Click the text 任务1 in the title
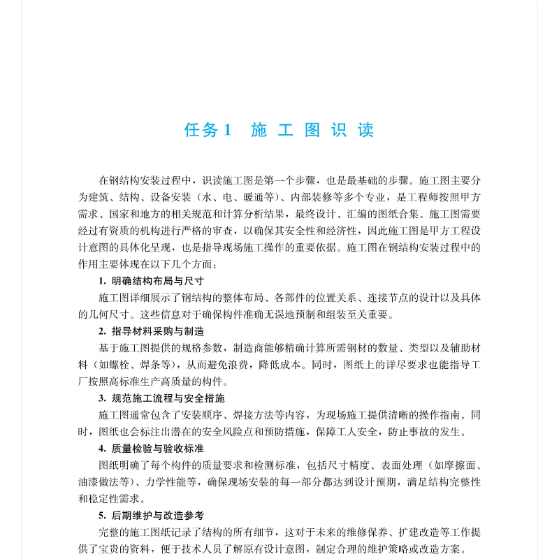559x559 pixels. [207, 130]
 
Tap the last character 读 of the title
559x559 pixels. [365, 130]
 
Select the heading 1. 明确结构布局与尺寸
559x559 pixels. [151, 281]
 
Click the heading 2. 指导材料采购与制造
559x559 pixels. [151, 331]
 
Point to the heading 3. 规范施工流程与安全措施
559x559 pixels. [161, 398]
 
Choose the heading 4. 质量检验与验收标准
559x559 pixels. [151, 449]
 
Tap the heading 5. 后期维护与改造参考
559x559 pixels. [151, 516]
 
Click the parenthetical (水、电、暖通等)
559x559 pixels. [238, 197]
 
